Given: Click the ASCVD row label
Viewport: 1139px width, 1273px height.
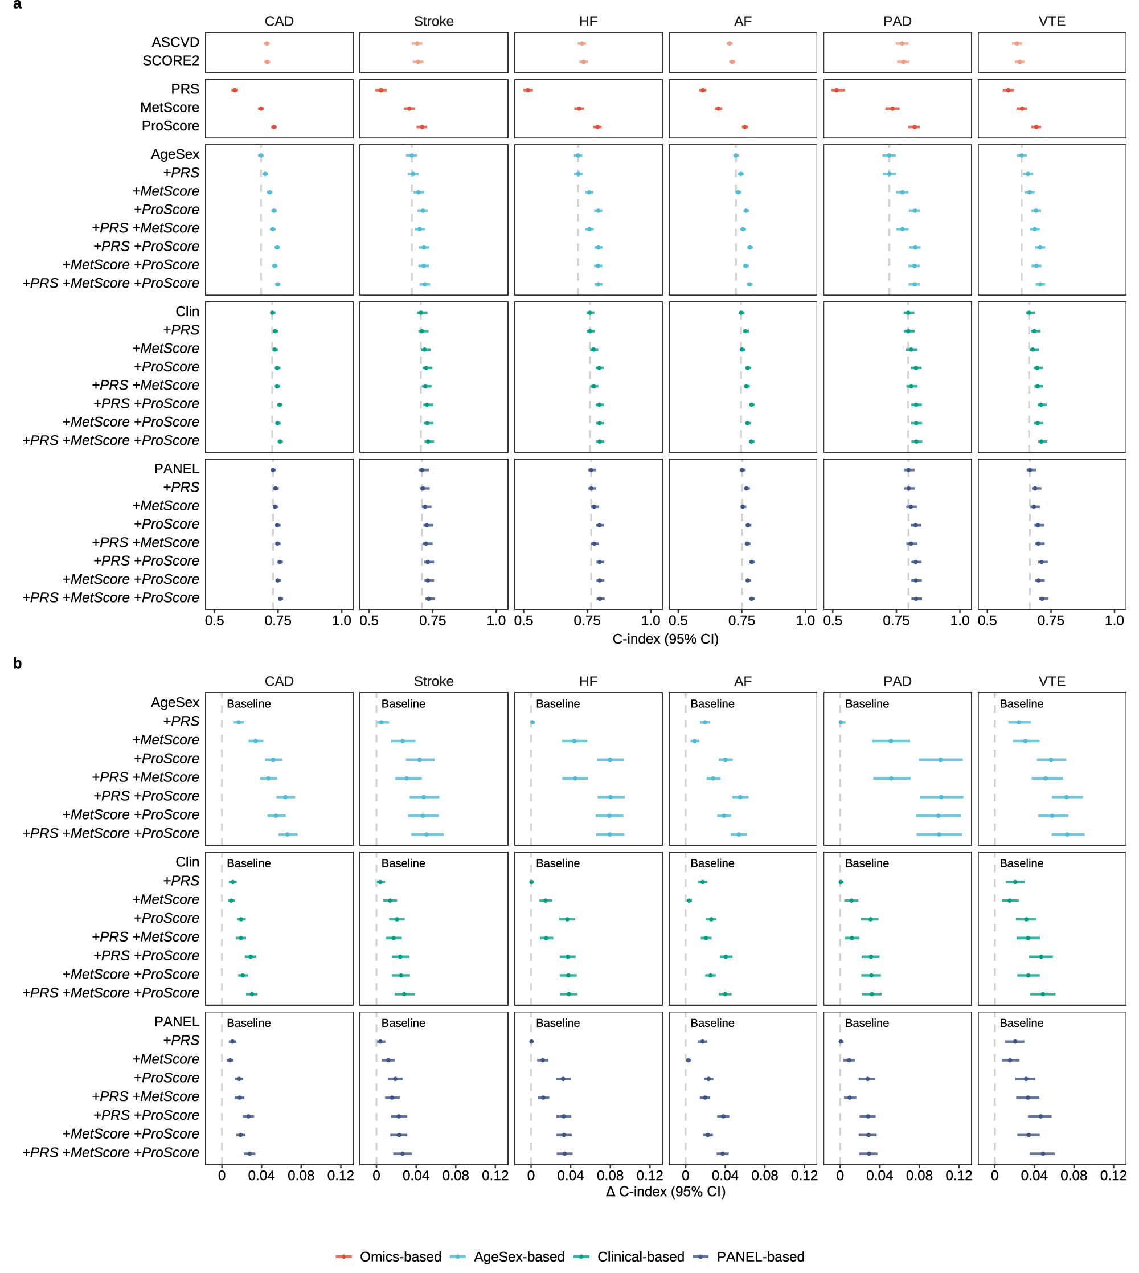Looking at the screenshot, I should click(175, 42).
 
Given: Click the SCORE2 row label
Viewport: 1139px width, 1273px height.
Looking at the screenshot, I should click(171, 61).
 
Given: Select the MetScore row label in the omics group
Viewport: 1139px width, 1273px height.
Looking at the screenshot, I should click(170, 108).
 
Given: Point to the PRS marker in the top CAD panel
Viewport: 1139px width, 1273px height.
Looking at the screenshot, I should click(235, 90).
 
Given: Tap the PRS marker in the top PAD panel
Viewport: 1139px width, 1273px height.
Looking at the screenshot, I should click(837, 90).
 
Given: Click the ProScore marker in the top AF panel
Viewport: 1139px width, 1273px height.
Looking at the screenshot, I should click(745, 127).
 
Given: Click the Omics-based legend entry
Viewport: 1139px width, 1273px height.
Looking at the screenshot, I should click(388, 1256).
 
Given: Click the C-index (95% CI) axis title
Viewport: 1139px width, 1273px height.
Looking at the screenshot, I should click(665, 639).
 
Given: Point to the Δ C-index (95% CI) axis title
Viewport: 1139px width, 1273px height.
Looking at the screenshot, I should click(665, 1191).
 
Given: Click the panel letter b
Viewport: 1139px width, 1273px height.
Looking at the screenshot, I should click(17, 664).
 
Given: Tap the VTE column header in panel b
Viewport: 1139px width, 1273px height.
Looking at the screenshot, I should click(1051, 681).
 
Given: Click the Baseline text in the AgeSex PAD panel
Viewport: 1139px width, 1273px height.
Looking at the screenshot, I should click(867, 703).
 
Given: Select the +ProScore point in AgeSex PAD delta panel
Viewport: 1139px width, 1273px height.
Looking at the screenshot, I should click(940, 759).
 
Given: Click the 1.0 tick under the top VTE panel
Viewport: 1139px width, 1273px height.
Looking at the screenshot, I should click(1114, 620).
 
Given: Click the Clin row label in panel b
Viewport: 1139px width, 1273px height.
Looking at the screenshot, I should click(187, 862).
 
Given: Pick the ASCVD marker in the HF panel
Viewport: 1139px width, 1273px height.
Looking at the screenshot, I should click(581, 43).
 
